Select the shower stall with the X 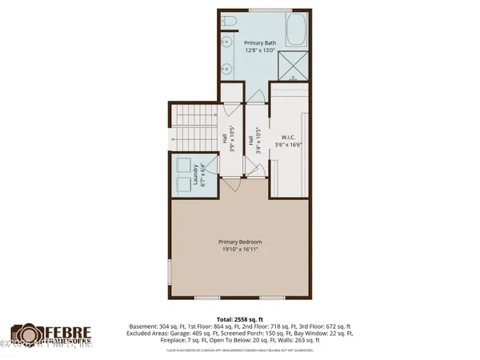pyautogui.click(x=292, y=66)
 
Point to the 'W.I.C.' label pyautogui.click(x=289, y=137)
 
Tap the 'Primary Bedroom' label pyautogui.click(x=240, y=241)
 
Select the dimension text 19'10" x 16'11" pyautogui.click(x=240, y=249)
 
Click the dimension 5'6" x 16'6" pyautogui.click(x=289, y=145)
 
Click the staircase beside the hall pyautogui.click(x=192, y=127)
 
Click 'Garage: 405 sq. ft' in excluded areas pyautogui.click(x=207, y=334)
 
